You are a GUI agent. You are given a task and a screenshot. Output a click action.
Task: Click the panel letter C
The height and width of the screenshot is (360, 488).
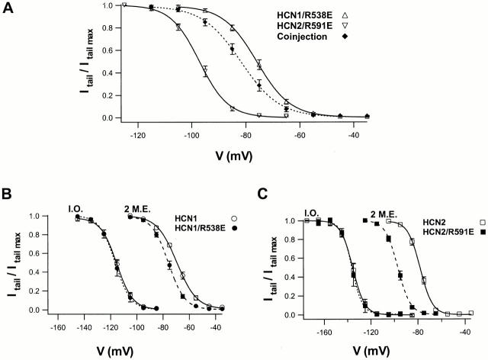pos(258,195)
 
